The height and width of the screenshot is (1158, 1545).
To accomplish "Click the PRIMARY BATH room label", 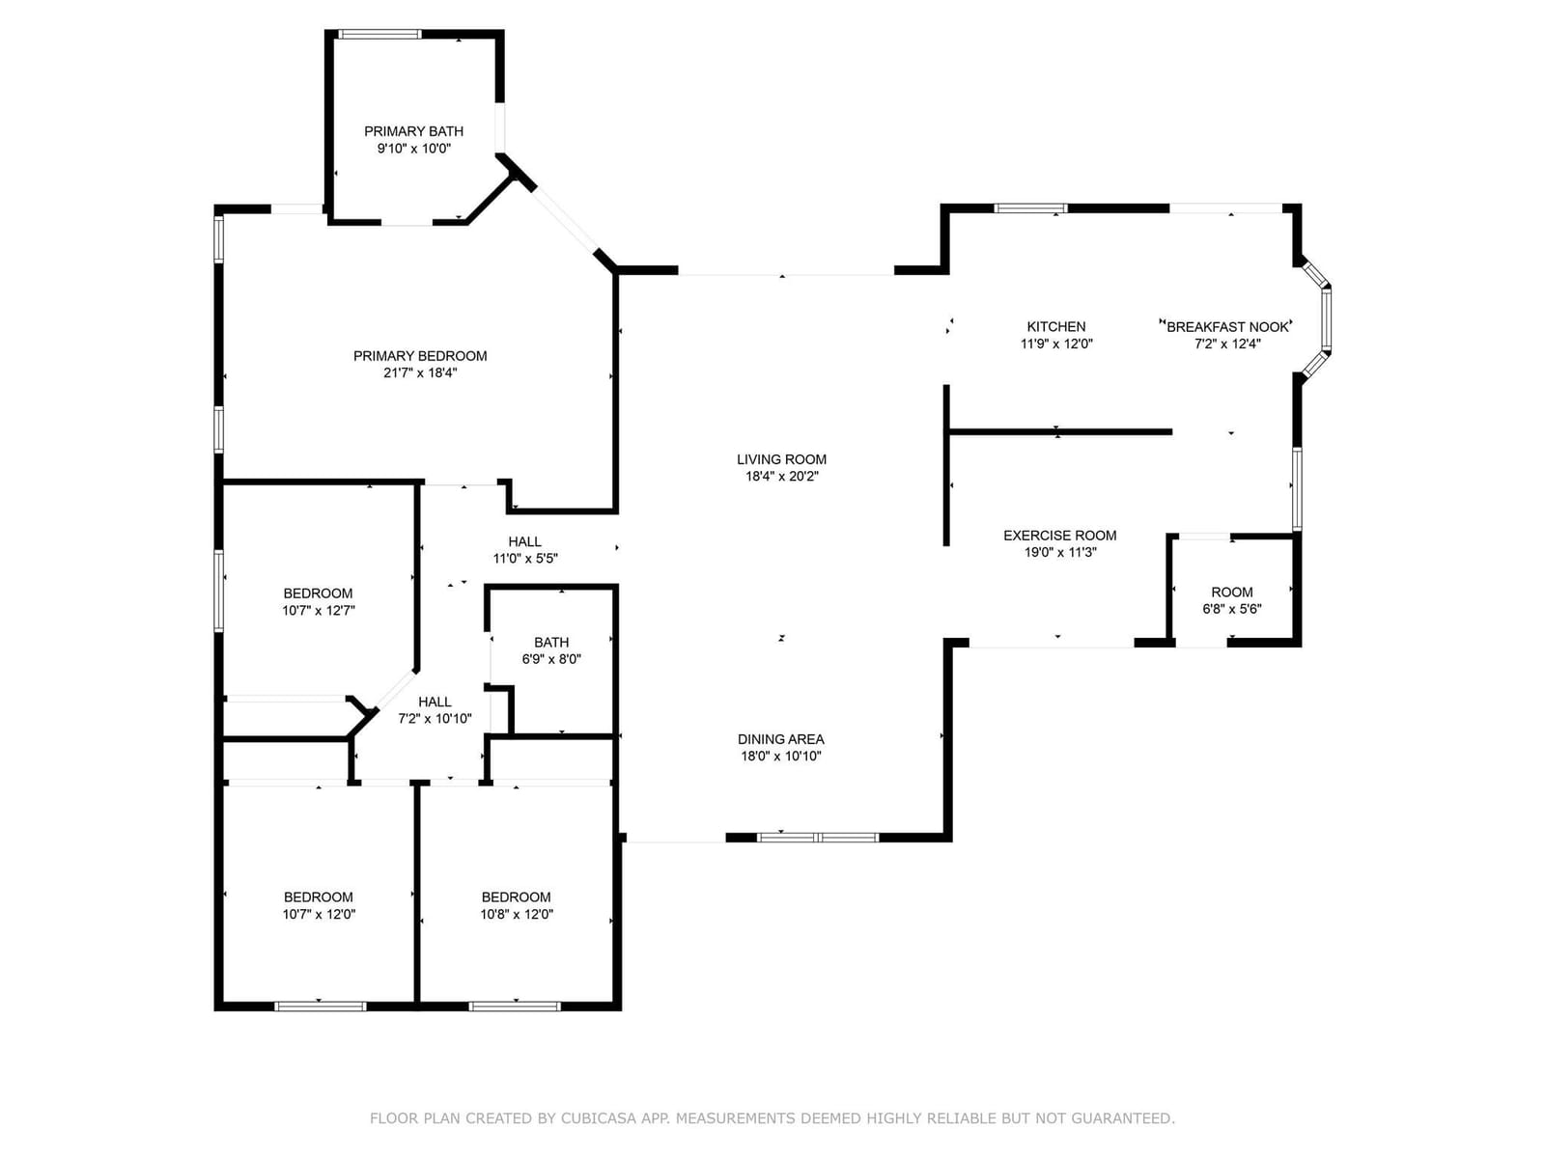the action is coord(413,131).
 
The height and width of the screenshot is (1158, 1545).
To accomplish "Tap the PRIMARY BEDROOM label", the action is coord(419,356).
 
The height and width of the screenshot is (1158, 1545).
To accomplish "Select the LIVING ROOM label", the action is coord(781,459).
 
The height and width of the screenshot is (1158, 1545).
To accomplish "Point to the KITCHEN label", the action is coord(1055,326).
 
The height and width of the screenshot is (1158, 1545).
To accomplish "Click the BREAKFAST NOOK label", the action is coord(1227,326).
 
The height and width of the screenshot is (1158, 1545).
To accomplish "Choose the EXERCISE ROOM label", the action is coord(1059,535).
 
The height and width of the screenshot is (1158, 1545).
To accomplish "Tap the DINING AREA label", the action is coord(780,739).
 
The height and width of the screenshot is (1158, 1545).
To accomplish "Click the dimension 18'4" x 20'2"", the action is coord(782,476).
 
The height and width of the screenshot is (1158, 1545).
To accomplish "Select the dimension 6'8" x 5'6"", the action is coord(1232,609).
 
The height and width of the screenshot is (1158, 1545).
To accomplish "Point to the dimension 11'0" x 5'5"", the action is coord(525,559).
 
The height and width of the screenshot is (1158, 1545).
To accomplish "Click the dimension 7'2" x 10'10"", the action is coord(435,719).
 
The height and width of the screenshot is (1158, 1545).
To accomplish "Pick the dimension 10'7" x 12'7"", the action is coord(318,610).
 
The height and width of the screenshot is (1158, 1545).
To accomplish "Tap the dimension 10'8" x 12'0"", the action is coord(517,914).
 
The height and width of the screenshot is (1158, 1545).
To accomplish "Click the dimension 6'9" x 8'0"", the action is coord(551,659).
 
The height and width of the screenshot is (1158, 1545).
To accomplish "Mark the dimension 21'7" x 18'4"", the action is coord(420,372).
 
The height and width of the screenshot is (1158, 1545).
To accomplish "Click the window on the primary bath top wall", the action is coord(379,34).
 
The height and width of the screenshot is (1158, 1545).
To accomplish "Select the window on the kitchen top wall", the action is coord(1030,207).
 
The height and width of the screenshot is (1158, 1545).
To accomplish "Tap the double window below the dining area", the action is coord(818,837).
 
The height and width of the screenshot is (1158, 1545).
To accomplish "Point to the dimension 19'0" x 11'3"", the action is coord(1060,552).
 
